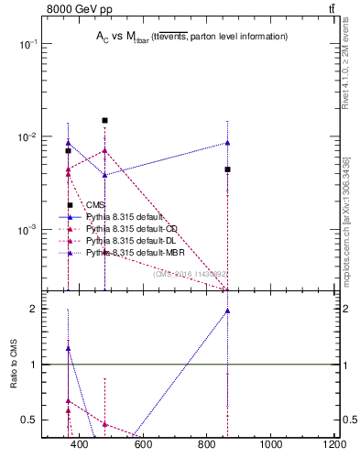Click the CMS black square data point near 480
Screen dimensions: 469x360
coord(105,120)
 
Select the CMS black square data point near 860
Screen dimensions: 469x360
coord(227,169)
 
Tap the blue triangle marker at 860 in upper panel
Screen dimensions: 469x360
coord(227,143)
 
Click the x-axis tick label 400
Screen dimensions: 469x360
coord(79,444)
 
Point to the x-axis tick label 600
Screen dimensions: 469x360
coord(143,444)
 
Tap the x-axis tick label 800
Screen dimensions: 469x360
coord(207,444)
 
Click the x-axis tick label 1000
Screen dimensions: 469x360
coord(271,444)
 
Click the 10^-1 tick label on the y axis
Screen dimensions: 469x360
coord(27,44)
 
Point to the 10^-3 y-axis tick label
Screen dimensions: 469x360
coord(27,229)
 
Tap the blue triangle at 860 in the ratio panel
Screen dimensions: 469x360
coord(227,311)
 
